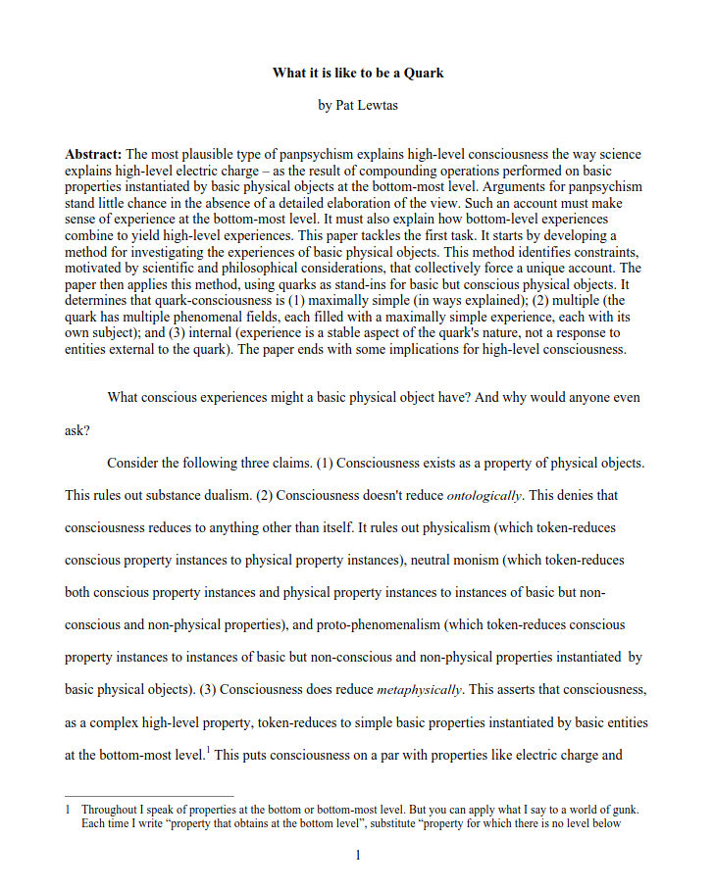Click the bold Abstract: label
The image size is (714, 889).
click(93, 155)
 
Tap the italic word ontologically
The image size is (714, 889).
click(484, 495)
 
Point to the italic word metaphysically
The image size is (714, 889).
click(419, 689)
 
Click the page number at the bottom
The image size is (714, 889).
click(358, 856)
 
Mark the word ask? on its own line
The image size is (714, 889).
click(77, 430)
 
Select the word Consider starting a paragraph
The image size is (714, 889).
click(135, 463)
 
